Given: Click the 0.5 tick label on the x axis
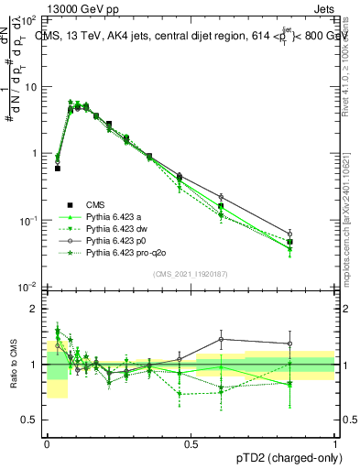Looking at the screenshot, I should pyautogui.click(x=191, y=443).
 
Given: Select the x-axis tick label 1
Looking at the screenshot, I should pyautogui.click(x=334, y=443).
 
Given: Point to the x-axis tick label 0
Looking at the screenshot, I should pyautogui.click(x=47, y=443).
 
